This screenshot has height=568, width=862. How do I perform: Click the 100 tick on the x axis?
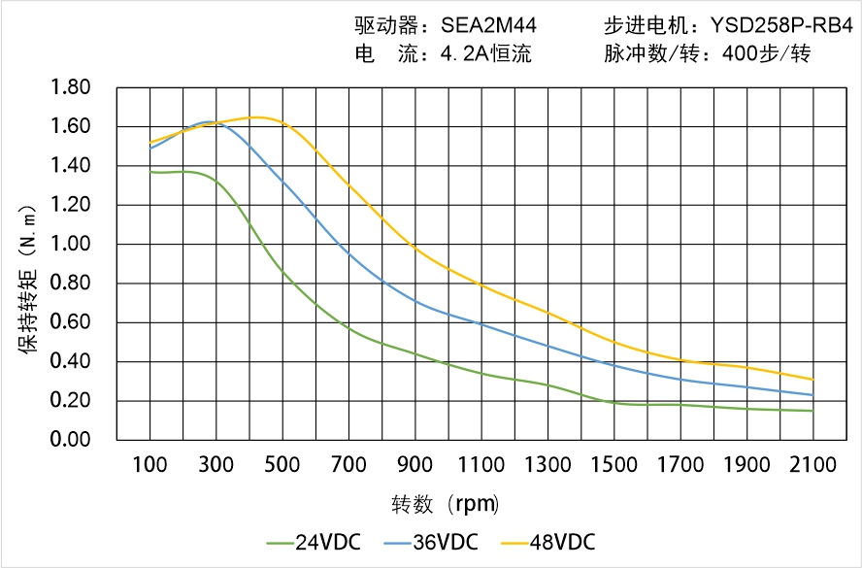pos(149,464)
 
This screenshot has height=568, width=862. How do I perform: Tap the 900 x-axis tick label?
pos(415,464)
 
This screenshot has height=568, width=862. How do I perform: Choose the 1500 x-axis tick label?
pos(614,464)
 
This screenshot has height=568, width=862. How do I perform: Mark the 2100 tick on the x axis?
pos(813,464)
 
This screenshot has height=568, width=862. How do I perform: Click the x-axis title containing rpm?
pos(446,504)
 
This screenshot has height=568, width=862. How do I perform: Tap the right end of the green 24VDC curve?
pos(813,411)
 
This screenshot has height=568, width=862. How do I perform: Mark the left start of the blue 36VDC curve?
pos(149,149)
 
